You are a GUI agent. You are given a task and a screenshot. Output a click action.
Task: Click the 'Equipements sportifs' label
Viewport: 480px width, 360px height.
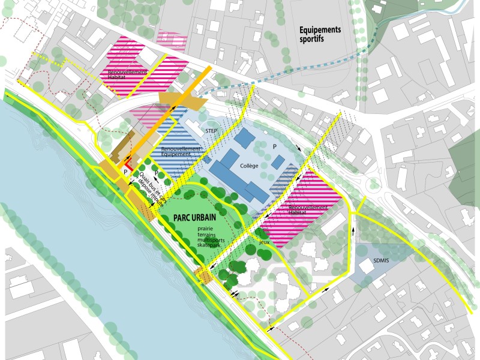320,34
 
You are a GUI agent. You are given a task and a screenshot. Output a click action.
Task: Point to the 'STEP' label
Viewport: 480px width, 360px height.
211,130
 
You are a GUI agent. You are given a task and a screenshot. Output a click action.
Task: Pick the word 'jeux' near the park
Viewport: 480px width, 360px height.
265,243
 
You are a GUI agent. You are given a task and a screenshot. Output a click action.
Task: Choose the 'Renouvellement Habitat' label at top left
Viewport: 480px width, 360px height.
128,75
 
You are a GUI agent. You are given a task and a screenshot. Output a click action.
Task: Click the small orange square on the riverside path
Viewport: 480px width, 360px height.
204,276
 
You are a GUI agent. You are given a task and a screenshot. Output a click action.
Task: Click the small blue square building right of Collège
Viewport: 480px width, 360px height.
277,161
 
